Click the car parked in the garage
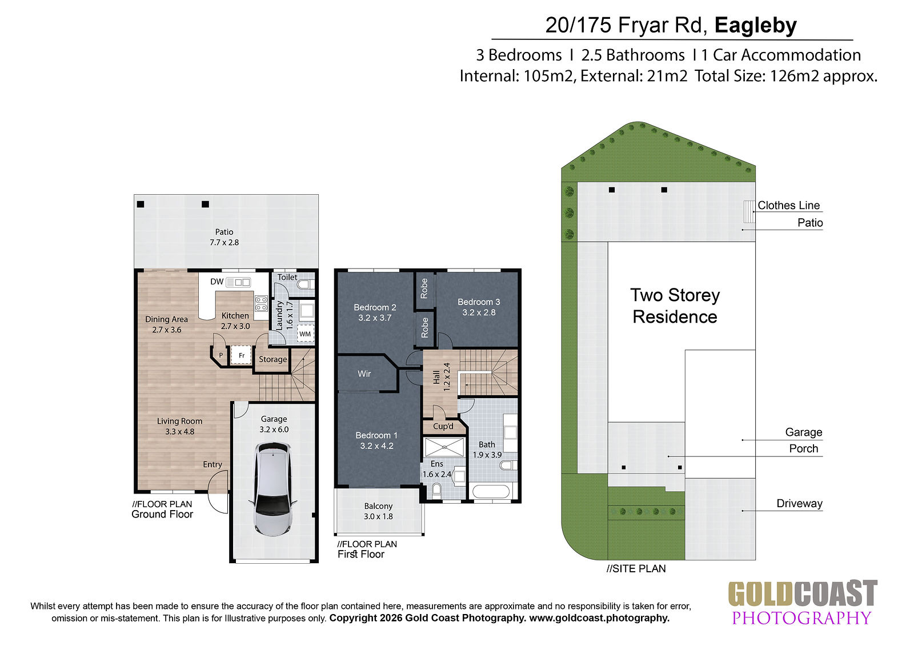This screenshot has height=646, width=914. pos(273,488)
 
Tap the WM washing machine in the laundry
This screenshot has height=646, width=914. pos(305,334)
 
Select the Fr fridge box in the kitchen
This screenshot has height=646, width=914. pos(241,355)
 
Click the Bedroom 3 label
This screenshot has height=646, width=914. pos(479,302)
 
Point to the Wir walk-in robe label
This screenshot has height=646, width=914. pos(364,374)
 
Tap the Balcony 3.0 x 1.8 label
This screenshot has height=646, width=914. pos(378,511)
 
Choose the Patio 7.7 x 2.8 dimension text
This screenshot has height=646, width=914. pos(224,242)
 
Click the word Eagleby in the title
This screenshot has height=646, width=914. pos(755,25)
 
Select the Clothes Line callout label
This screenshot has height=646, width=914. pos(788,205)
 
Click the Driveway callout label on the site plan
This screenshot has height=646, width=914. pos(799,503)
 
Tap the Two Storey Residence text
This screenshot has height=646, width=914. pos(675,306)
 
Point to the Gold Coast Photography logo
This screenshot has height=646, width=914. pos(802,603)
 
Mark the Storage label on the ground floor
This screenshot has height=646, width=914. pos(272,359)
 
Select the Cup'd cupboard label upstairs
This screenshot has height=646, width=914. pos(443,427)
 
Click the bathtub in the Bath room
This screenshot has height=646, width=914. pos(490,491)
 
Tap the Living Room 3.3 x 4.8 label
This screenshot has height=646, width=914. pos(179,426)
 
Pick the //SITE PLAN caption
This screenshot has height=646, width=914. pos(636,568)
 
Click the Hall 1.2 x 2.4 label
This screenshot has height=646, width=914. pos(442,377)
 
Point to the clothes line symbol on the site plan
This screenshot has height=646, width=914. pos(749,211)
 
